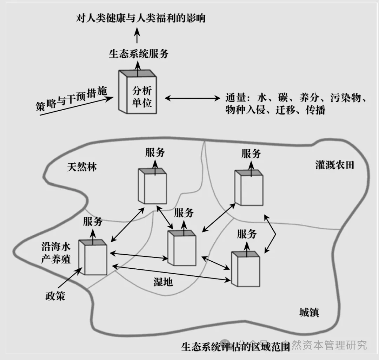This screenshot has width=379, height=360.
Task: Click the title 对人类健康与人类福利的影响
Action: tap(141, 18)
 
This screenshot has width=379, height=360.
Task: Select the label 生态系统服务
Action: tap(139, 54)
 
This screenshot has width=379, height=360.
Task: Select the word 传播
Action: tap(315, 110)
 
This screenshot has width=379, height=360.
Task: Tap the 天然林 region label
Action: tap(82, 166)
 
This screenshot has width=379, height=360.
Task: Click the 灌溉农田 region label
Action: tap(334, 165)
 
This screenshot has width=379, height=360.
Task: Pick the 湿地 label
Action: tap(163, 281)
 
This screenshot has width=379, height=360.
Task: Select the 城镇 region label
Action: tap(309, 312)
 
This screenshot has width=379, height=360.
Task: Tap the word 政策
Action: tap(55, 296)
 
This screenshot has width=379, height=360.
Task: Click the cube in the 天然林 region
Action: tap(152, 186)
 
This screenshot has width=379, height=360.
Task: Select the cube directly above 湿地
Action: tap(181, 248)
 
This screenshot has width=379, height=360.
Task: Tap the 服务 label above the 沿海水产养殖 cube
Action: tap(93, 221)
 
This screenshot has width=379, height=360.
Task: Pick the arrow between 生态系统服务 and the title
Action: tap(137, 36)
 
